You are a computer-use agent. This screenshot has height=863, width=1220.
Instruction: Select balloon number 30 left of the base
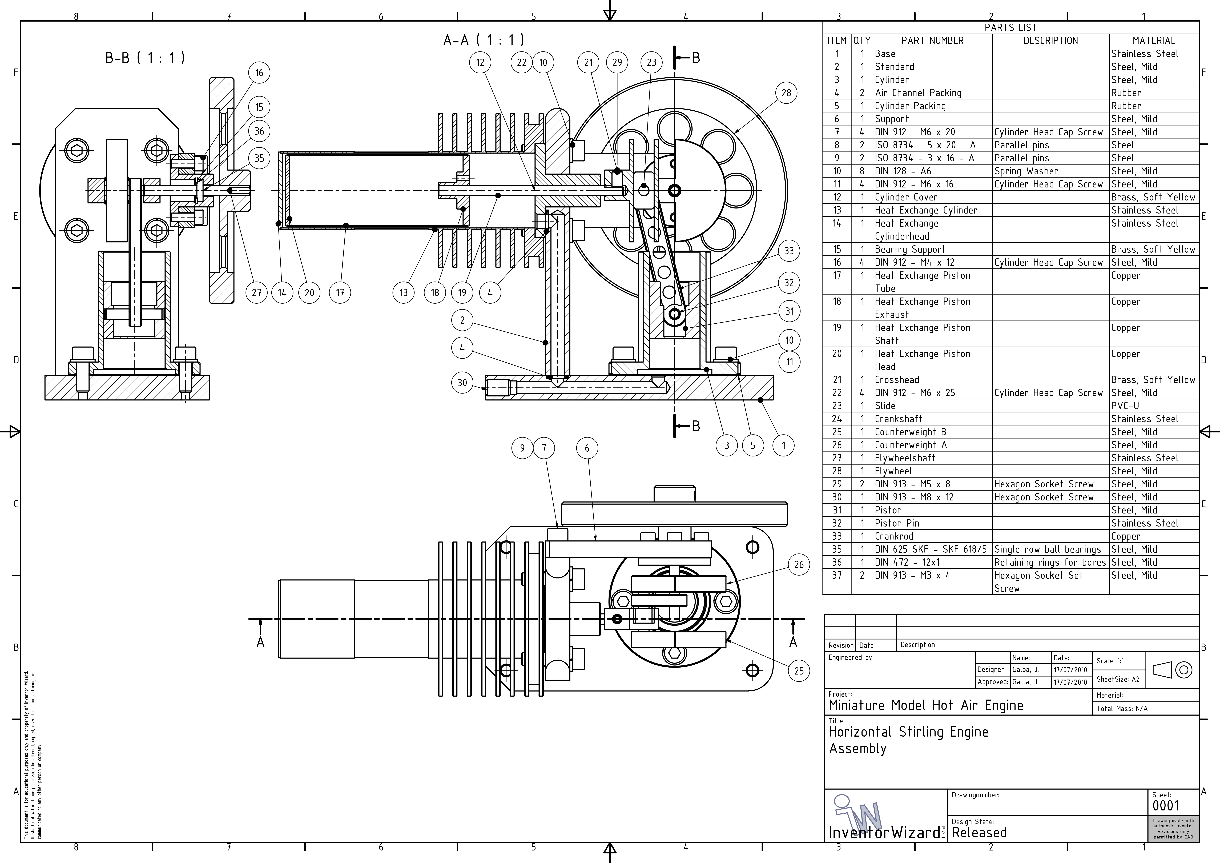(462, 383)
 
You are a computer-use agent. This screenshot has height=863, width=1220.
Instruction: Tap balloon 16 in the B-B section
(259, 73)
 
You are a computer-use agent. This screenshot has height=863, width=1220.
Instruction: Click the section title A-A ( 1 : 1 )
(484, 40)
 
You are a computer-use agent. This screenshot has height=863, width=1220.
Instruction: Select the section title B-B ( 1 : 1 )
(145, 57)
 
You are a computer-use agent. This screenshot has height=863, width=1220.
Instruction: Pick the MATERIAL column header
(1154, 40)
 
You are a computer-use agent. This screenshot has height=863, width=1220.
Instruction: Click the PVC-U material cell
(1125, 406)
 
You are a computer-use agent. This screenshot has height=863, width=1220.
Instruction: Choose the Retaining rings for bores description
(1049, 562)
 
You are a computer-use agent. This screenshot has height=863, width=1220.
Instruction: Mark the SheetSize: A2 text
(1117, 679)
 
